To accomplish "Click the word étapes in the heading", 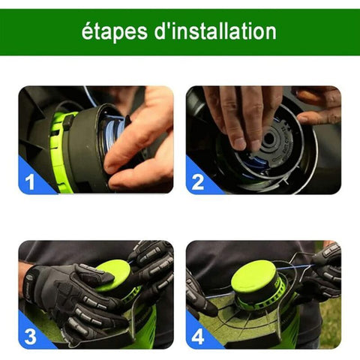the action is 115,32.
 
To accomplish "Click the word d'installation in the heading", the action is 215,31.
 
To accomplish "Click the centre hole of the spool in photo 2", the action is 269,138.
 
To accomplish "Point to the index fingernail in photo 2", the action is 240,143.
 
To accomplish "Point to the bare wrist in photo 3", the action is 22,277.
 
